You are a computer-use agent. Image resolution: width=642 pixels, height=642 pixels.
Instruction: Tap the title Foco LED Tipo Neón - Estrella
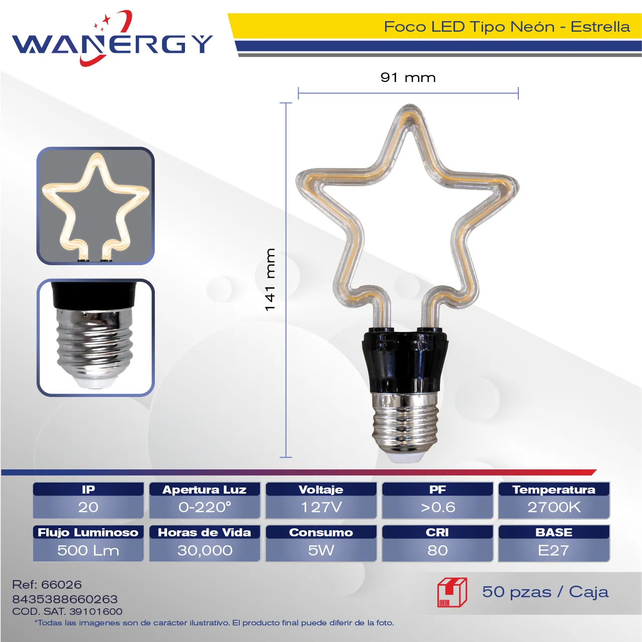[x=507, y=27]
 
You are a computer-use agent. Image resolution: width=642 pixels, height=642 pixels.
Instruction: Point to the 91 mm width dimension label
[x=408, y=77]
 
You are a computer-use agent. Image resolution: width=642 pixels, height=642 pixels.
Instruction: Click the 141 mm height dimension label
[x=270, y=279]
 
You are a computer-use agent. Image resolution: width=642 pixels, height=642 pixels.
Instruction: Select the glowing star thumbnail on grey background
[x=96, y=206]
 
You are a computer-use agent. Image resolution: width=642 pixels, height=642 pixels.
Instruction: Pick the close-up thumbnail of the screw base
[x=96, y=338]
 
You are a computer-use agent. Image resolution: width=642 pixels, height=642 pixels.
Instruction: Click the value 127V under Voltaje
[x=321, y=507]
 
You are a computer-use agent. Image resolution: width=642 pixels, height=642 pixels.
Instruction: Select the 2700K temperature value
[x=554, y=507]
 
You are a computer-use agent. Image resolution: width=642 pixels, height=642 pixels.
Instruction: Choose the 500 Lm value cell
[x=88, y=550]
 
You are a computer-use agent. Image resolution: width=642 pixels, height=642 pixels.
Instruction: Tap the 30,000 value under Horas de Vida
[x=205, y=550]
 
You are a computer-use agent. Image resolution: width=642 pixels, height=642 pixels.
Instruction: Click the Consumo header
[x=321, y=533]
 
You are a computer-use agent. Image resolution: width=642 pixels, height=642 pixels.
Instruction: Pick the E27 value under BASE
[x=554, y=550]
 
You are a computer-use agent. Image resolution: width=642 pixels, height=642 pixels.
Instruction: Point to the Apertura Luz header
[x=205, y=490]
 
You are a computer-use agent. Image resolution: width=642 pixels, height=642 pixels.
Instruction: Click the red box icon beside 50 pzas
[x=452, y=593]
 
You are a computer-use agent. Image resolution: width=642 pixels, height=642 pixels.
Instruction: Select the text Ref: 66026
[x=47, y=585]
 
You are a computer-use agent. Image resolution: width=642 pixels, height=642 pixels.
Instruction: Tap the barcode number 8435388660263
[x=65, y=599]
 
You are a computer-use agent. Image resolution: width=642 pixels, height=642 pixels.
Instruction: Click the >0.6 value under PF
[x=438, y=507]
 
